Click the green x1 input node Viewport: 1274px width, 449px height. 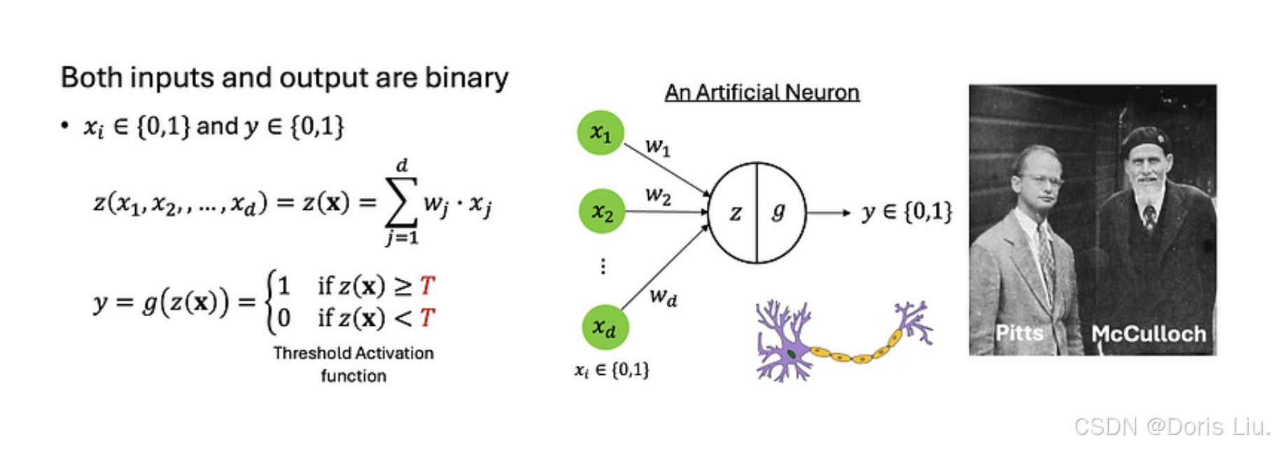tap(601, 133)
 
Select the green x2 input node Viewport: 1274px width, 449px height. tap(602, 211)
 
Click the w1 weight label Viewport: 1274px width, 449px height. tap(657, 148)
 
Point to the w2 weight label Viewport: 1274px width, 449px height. tap(657, 195)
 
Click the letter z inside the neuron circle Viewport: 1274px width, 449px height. tap(735, 213)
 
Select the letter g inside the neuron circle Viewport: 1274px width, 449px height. tap(778, 211)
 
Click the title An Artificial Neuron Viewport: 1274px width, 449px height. tap(762, 92)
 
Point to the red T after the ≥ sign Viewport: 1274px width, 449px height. tap(427, 285)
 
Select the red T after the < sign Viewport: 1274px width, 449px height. tap(427, 318)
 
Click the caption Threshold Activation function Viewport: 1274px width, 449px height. tap(353, 364)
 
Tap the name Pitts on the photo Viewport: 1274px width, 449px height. tap(1019, 333)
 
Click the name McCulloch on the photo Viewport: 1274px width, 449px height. tap(1149, 334)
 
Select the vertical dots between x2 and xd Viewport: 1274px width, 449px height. tap(603, 266)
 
